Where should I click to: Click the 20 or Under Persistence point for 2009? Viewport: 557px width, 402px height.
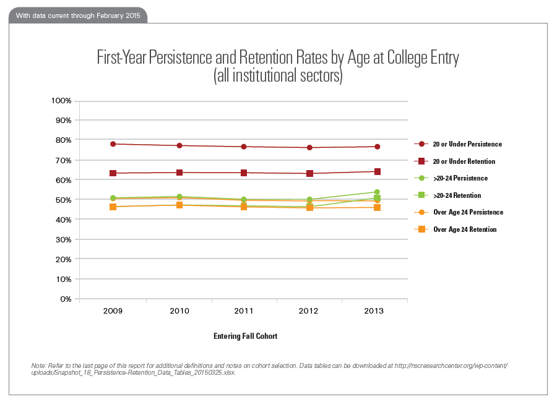coord(113,144)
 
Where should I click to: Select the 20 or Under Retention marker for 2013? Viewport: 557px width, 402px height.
coord(377,172)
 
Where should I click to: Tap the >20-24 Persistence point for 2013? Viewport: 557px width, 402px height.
coord(377,192)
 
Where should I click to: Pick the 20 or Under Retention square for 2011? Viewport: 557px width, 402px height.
coord(244,173)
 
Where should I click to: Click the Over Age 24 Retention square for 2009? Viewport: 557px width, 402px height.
coord(113,207)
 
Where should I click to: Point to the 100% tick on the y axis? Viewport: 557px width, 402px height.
coord(61,100)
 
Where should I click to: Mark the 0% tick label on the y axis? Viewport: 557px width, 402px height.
coord(65,299)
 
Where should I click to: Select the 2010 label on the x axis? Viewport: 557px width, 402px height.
coord(179,311)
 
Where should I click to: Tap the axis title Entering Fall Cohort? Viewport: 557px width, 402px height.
coord(245,336)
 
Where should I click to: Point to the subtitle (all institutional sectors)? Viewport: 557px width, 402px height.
coord(278,77)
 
